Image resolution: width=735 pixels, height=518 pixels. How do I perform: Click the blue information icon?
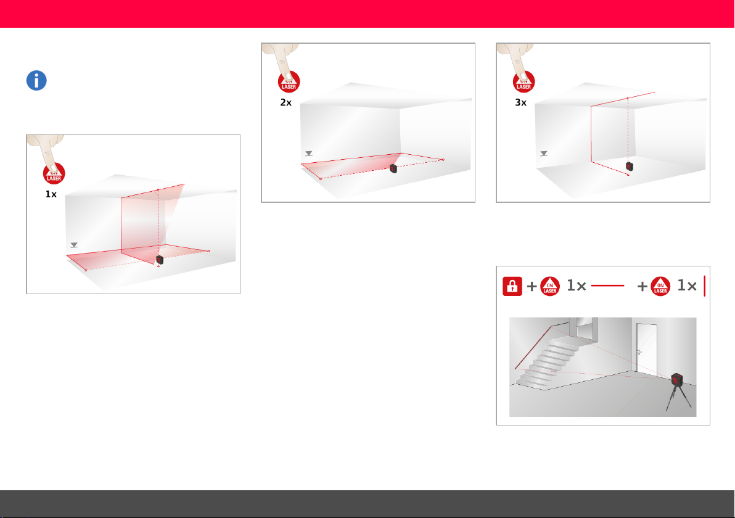click(36, 81)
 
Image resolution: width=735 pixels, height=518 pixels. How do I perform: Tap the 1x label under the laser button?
click(51, 194)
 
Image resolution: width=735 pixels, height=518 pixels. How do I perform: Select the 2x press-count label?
click(286, 102)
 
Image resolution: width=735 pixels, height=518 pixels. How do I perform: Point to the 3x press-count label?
click(521, 102)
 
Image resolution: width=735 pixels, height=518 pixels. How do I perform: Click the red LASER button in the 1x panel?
click(54, 174)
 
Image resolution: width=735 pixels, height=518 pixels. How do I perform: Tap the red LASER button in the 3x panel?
click(524, 82)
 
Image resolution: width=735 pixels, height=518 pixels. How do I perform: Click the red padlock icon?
click(512, 286)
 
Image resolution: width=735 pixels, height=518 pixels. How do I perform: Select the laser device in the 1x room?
click(160, 260)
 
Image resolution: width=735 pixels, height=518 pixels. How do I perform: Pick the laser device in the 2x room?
click(393, 168)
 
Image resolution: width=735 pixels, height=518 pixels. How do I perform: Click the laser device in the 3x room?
click(630, 166)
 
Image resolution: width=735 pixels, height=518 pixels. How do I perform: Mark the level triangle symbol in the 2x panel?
click(309, 154)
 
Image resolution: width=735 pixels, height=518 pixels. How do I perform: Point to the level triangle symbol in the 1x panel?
click(74, 245)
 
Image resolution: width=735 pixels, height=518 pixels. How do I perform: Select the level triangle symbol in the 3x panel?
click(544, 154)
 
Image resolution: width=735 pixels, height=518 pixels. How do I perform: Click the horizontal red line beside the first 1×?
click(607, 286)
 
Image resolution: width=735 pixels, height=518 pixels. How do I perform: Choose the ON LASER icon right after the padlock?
click(550, 286)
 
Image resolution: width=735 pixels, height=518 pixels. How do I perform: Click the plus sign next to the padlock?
click(532, 286)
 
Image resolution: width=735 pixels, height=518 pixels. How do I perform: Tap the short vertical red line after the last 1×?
click(705, 286)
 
